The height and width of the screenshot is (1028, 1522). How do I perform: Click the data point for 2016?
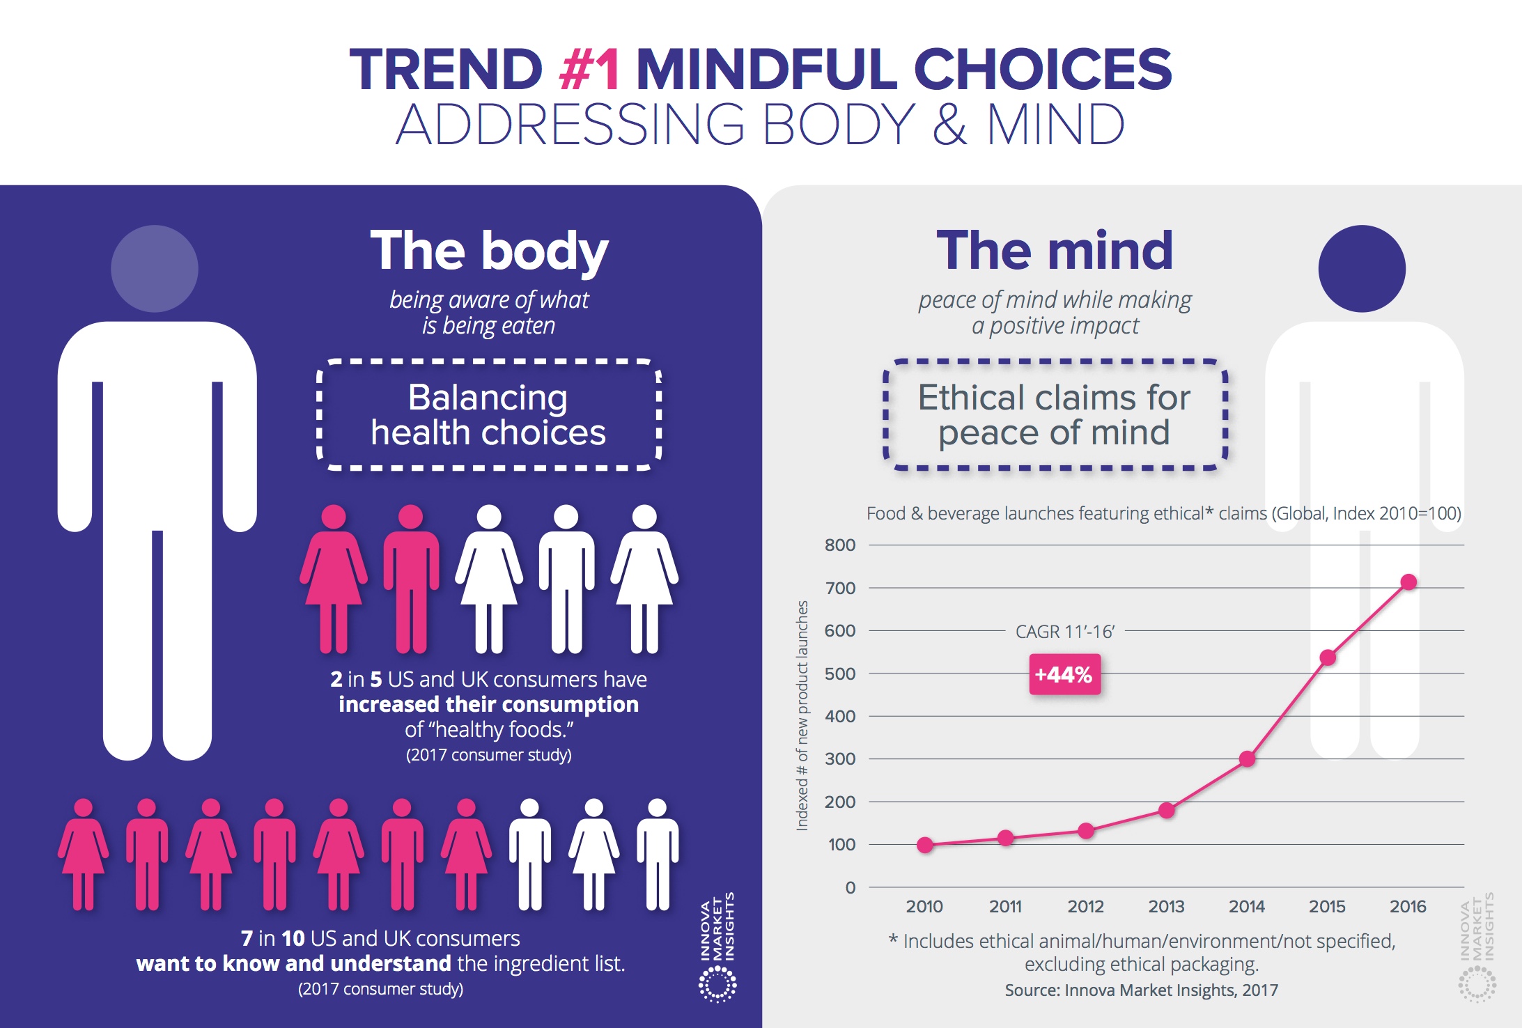point(1408,582)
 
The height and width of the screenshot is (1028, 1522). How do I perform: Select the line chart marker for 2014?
point(1247,758)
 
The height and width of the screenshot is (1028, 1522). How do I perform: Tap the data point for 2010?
point(924,845)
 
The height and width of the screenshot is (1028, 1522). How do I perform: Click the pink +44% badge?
point(1064,674)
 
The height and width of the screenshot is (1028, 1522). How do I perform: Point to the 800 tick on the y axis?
point(840,545)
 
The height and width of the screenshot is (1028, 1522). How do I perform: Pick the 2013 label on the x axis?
point(1166,907)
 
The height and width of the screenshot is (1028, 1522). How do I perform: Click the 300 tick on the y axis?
point(840,759)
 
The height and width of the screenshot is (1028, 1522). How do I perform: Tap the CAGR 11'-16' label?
point(1064,632)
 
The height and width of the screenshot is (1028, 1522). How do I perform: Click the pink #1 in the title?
point(589,70)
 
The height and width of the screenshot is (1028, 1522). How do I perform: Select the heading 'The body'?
point(489,251)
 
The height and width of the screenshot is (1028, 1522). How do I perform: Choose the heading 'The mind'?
point(1055,251)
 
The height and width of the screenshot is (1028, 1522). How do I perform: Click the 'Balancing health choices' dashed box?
point(488,415)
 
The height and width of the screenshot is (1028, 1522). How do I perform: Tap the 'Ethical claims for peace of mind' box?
point(1055,415)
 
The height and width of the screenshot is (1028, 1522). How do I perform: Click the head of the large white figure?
point(155,269)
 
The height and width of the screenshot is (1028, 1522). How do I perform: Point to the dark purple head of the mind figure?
point(1362,269)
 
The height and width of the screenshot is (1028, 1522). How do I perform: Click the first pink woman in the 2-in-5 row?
point(334,578)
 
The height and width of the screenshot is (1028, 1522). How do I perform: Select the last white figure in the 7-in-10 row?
point(658,855)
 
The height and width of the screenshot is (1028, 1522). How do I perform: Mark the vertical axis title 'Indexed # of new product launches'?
point(802,715)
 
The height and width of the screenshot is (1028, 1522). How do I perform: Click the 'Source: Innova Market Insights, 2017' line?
point(1141,990)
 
